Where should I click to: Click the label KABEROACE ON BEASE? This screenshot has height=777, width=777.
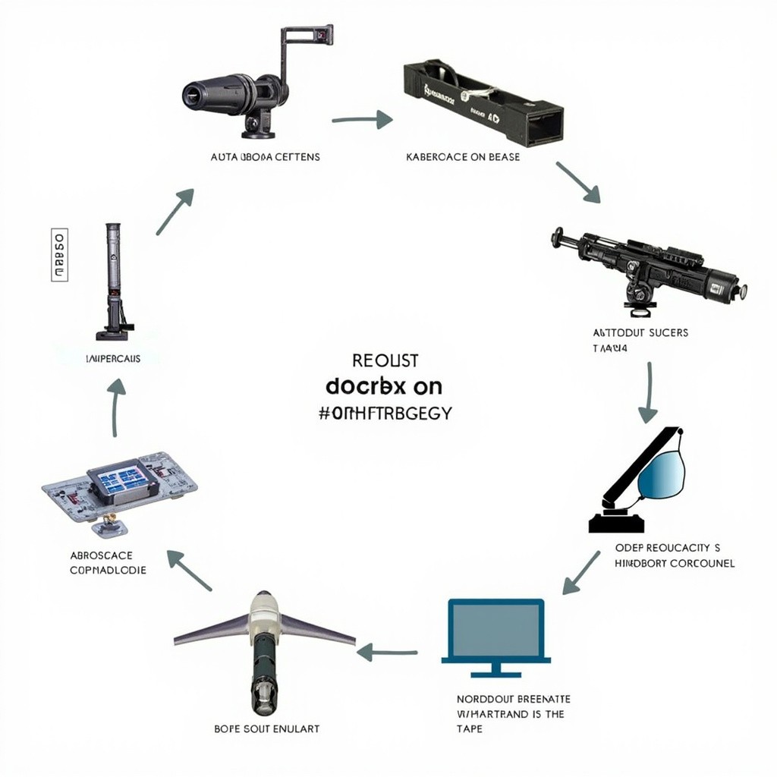point(463,157)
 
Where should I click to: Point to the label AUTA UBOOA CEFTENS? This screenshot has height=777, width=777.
point(265,157)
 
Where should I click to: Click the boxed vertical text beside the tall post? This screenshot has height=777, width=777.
point(59,255)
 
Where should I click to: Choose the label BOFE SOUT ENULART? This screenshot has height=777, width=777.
point(267,728)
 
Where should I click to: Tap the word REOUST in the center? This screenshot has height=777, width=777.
point(385,360)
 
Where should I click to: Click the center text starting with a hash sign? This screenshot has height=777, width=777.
point(386,413)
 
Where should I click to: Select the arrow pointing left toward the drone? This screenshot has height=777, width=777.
point(387,651)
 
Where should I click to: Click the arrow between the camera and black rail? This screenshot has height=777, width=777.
point(362,119)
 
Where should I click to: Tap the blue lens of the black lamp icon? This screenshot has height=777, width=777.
point(661,474)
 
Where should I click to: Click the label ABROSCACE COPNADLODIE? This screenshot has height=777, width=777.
point(109,562)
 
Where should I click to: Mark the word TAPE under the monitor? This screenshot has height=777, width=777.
point(469,728)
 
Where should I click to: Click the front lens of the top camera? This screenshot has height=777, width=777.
point(193,95)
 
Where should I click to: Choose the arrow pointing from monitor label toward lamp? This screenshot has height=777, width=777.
point(580,574)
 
